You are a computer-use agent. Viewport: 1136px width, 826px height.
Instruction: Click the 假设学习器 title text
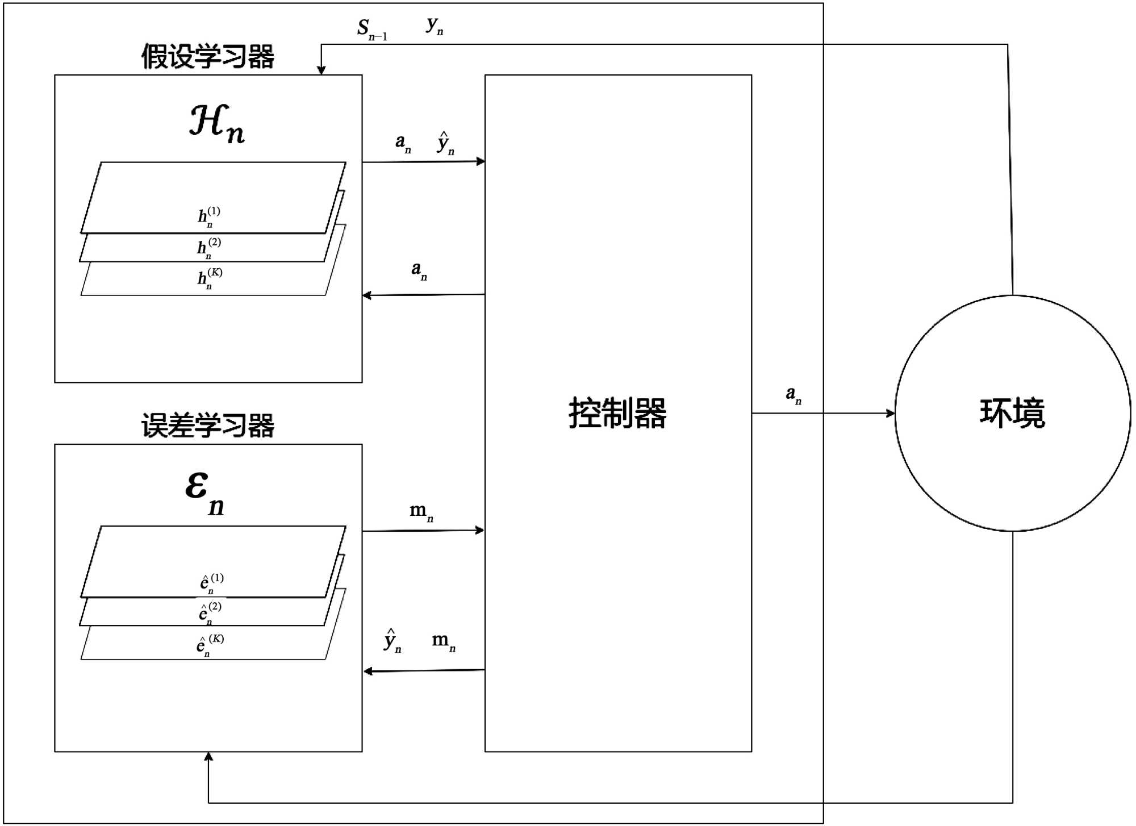click(208, 57)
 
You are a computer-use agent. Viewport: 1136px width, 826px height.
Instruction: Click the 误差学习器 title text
click(208, 425)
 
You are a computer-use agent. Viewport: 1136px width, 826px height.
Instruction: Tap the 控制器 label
click(617, 413)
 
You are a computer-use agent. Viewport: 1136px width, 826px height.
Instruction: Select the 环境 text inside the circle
click(1012, 413)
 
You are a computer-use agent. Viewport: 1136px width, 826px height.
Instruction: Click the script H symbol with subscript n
click(216, 123)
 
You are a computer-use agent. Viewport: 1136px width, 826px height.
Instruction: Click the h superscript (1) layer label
click(208, 216)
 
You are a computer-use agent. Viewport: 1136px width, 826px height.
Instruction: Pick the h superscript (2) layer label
click(208, 248)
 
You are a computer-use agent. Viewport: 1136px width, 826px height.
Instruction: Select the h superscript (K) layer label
click(210, 278)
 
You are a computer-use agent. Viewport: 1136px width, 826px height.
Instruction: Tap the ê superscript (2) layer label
click(210, 613)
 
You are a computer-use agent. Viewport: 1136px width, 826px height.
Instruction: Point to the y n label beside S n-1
click(435, 25)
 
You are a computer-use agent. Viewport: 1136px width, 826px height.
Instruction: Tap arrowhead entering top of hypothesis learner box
click(321, 70)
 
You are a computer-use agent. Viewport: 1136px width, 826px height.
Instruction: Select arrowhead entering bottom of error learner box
click(208, 757)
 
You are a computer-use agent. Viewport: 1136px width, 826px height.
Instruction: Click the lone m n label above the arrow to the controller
click(421, 511)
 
